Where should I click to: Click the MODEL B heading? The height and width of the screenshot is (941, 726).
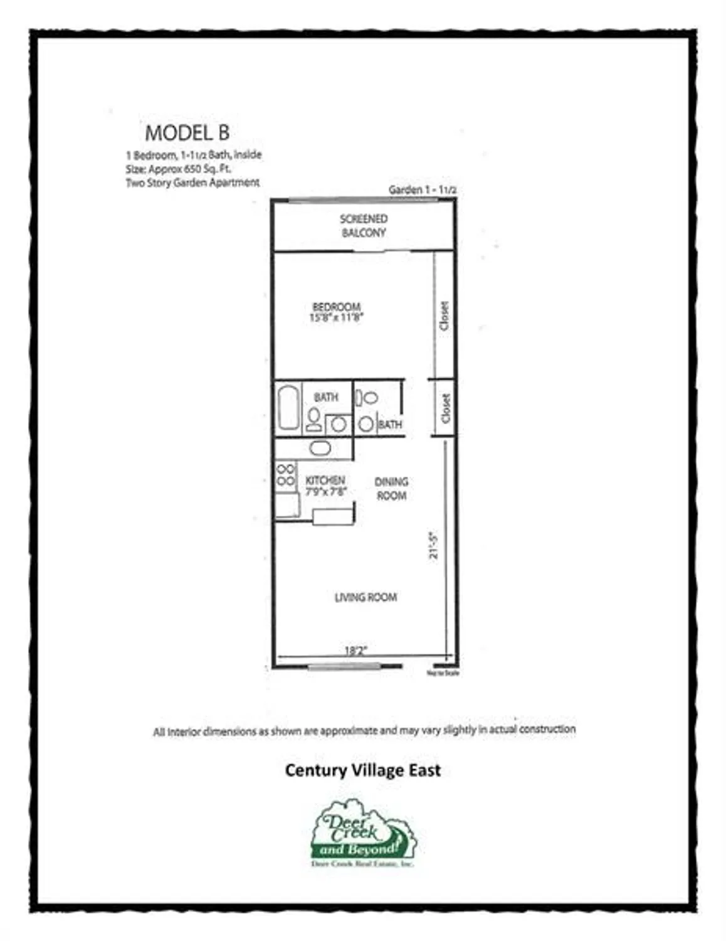[x=187, y=133]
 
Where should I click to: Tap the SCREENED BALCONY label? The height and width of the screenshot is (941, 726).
[x=364, y=226]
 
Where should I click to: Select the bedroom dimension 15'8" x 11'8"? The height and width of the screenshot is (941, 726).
[x=336, y=317]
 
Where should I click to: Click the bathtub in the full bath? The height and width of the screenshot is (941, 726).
[x=288, y=408]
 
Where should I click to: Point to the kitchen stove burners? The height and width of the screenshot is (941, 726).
[x=285, y=475]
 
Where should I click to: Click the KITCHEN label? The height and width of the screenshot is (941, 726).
[x=325, y=481]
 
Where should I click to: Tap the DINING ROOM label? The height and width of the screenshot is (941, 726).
[x=391, y=489]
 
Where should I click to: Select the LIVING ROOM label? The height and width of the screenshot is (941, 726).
[x=366, y=597]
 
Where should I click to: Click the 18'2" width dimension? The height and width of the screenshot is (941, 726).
[x=355, y=651]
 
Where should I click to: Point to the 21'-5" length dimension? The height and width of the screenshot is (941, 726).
[x=433, y=546]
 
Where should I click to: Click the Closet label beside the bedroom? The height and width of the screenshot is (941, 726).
[x=445, y=316]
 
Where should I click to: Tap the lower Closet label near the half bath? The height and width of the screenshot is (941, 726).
[x=446, y=408]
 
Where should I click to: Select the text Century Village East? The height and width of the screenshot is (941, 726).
[x=362, y=770]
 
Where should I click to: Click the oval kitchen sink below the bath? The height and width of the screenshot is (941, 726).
[x=320, y=448]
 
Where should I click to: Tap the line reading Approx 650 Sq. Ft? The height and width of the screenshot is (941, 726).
[x=179, y=169]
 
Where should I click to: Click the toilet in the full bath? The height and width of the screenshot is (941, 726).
[x=313, y=419]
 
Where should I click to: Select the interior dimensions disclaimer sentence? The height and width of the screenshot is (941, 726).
[x=364, y=730]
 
